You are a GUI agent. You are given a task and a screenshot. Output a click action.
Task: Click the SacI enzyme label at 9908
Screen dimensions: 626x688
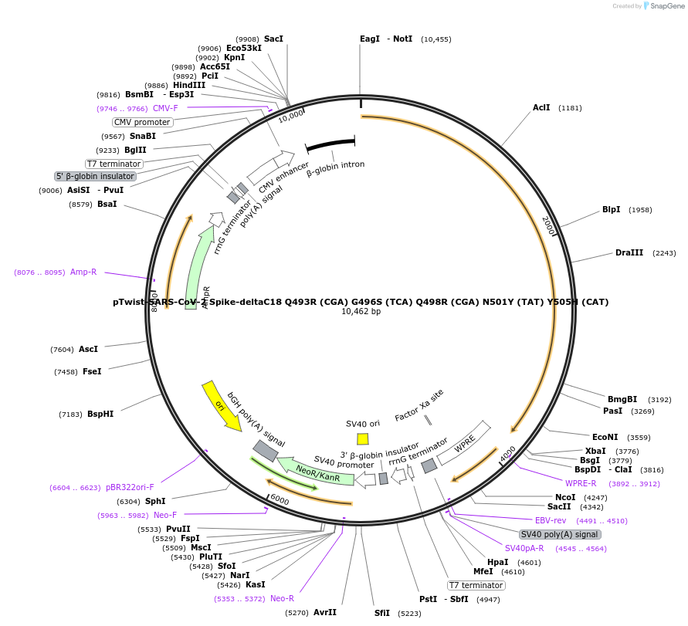[273, 39]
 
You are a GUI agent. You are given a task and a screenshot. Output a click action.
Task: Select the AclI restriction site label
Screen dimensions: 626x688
[541, 107]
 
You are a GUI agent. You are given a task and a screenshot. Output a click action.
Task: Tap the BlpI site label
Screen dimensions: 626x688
[611, 210]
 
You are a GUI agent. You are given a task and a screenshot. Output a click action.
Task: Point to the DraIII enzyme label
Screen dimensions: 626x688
[629, 253]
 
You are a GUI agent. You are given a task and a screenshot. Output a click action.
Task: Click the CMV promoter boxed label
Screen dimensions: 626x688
[142, 122]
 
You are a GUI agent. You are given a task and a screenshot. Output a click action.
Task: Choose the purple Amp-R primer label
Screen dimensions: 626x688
[83, 272]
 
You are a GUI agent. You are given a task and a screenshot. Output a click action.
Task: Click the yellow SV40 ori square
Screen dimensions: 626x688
[362, 439]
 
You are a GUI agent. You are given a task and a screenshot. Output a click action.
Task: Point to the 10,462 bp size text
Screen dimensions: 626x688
[361, 312]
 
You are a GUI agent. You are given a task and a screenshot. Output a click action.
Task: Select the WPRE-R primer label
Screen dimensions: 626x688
[581, 483]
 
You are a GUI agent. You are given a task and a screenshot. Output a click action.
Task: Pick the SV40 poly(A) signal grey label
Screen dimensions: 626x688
[559, 534]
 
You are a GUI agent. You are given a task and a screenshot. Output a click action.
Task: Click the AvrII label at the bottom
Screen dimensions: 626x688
[324, 612]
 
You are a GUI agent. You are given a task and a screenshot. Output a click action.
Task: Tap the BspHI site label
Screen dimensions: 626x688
[100, 415]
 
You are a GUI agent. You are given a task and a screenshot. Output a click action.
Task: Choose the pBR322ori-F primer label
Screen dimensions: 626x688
[130, 488]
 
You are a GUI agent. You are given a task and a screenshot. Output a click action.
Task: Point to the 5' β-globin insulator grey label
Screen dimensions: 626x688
[95, 176]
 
